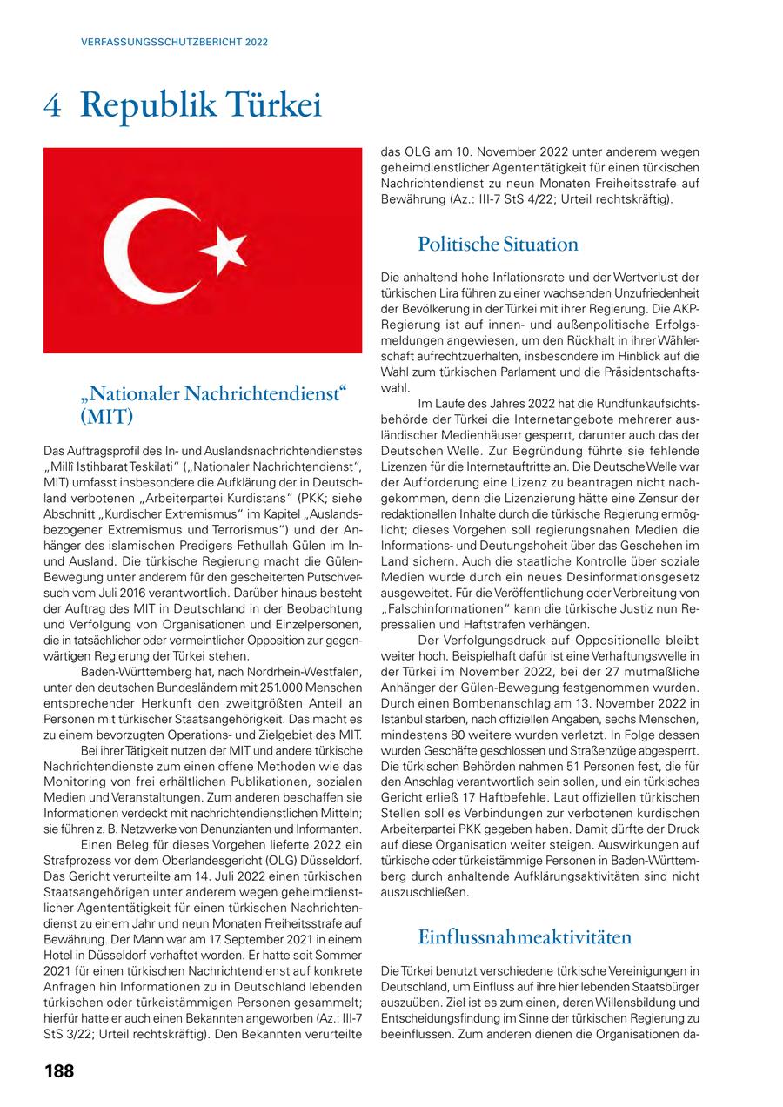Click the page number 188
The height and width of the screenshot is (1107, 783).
coord(59,1071)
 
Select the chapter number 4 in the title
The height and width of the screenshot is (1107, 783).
coord(51,106)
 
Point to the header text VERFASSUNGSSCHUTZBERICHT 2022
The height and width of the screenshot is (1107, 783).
coord(174,42)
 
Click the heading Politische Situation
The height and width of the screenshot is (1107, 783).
coord(498,244)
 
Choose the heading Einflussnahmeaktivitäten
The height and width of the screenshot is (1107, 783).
coord(525,937)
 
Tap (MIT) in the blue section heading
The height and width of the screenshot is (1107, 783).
coord(106,417)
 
